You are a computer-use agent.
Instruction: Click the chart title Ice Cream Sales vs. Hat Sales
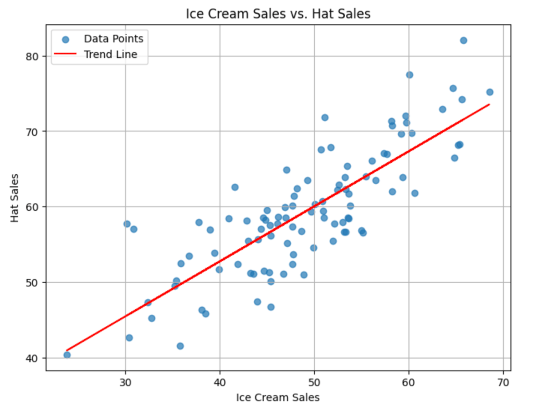[278, 14]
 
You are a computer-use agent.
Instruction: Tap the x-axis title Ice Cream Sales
[278, 397]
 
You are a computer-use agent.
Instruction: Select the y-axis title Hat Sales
[15, 198]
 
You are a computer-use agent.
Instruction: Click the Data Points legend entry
[114, 38]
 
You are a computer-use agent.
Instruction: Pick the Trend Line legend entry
[110, 54]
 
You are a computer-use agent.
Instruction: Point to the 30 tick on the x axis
[125, 380]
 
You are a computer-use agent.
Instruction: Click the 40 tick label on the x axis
[220, 380]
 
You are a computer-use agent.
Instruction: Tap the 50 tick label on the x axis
[314, 380]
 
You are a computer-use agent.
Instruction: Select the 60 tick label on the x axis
[409, 380]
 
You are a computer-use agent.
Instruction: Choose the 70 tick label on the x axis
[503, 380]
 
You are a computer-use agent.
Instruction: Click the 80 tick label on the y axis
[33, 56]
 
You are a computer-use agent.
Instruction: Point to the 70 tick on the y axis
[33, 131]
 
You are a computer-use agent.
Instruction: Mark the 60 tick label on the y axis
[33, 207]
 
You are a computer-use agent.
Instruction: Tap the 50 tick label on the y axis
[33, 282]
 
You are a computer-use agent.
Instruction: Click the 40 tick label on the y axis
[33, 358]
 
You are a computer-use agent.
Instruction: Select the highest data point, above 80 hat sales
[463, 40]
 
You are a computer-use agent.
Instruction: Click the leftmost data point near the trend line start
[67, 355]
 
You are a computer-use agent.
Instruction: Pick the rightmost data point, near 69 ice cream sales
[490, 92]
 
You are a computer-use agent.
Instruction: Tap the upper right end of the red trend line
[489, 104]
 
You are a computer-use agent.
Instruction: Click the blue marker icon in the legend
[66, 39]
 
